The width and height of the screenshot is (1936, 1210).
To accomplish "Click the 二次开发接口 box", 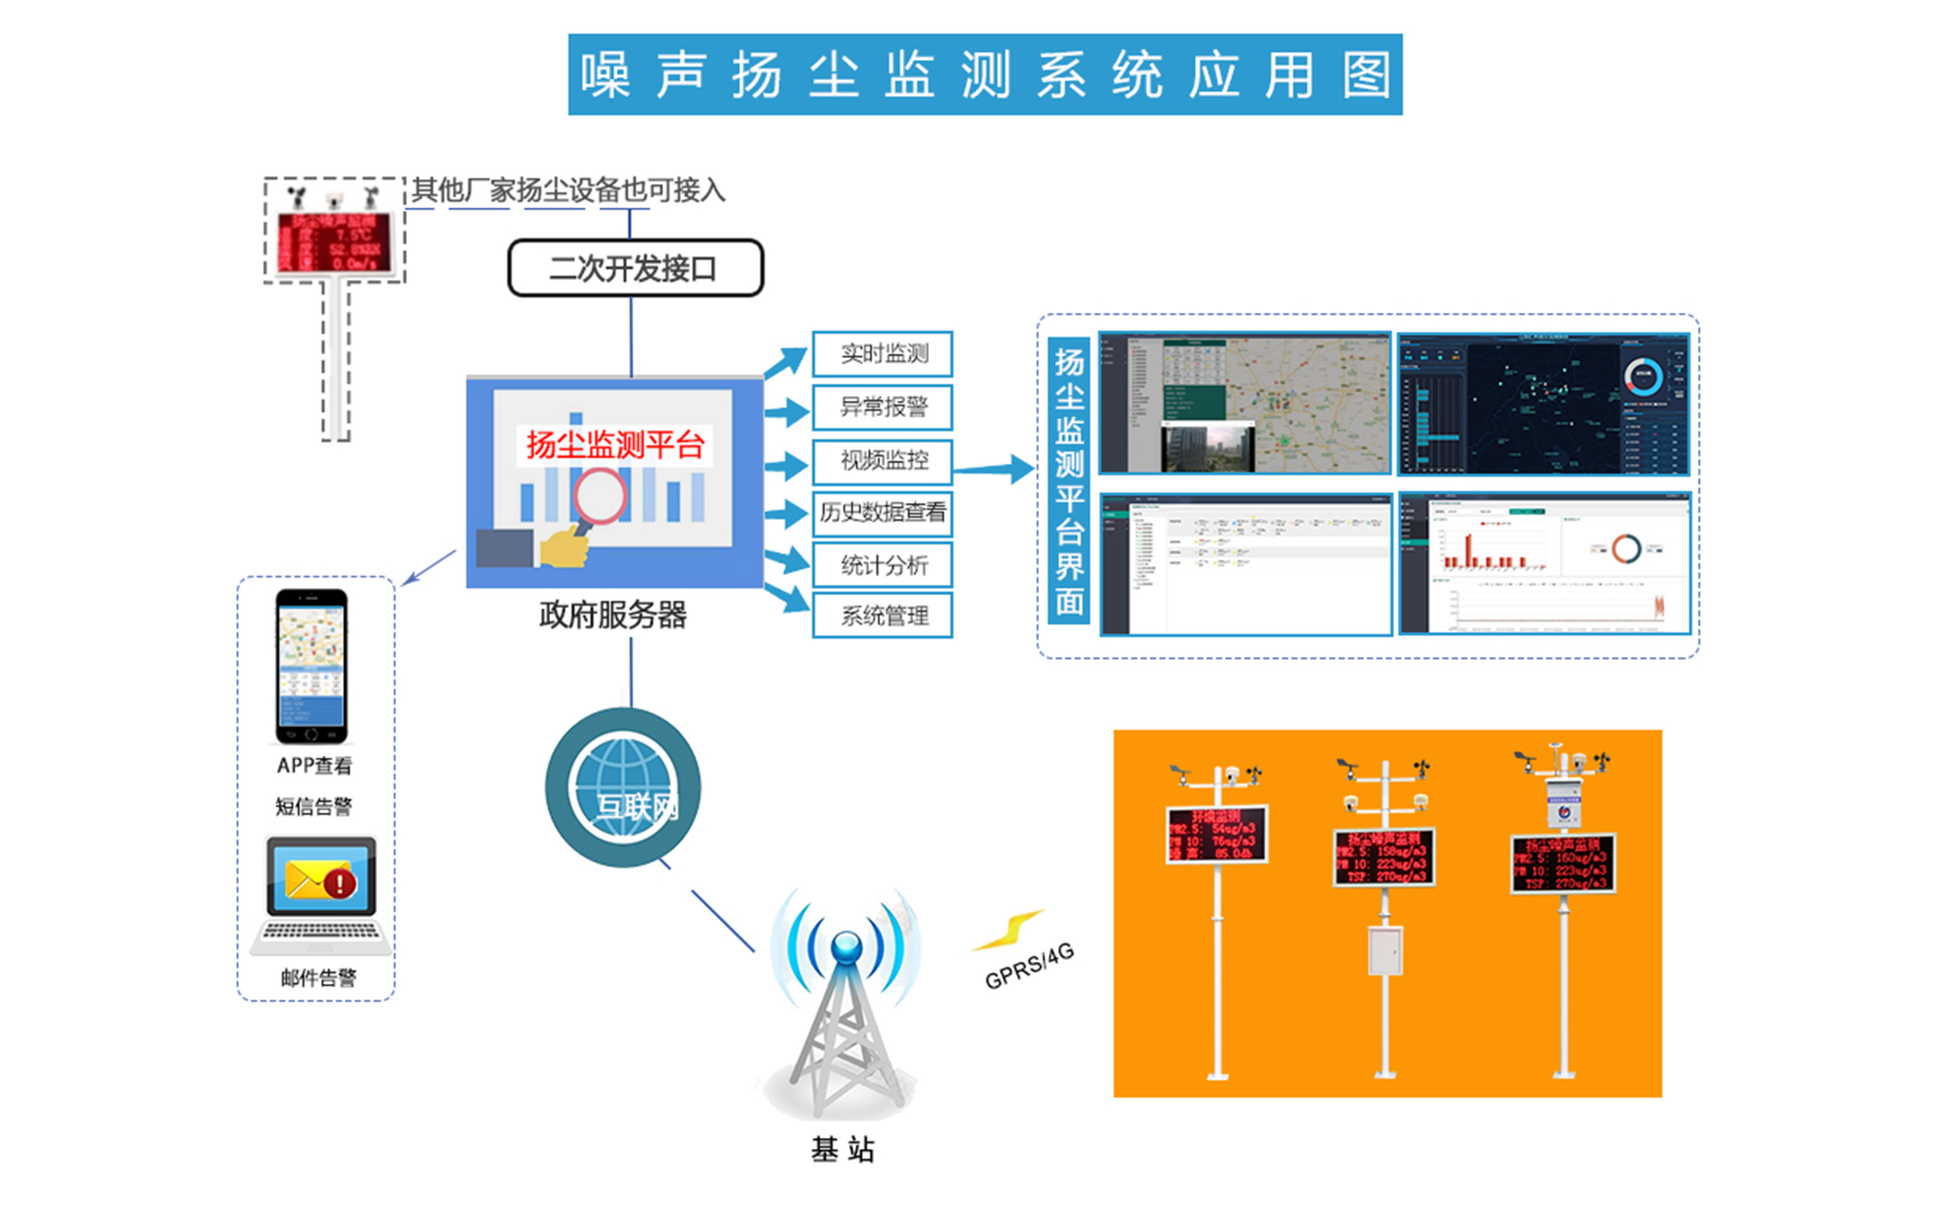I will tap(635, 268).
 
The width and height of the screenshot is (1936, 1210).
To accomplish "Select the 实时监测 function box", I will tap(882, 353).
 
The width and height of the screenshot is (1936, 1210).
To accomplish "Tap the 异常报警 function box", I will tap(882, 407).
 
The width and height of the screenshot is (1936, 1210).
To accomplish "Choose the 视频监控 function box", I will tap(882, 461).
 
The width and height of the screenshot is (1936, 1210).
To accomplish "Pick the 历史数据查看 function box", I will tap(882, 512).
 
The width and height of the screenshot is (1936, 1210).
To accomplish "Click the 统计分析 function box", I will tap(882, 566).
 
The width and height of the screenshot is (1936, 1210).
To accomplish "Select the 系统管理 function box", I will tap(882, 615).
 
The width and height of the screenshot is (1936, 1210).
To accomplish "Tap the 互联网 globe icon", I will tap(623, 787).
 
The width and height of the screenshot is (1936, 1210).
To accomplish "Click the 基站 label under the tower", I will tap(843, 1149).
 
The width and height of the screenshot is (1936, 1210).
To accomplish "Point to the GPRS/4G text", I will tap(1029, 966).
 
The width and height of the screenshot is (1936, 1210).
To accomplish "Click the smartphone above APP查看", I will tap(311, 666).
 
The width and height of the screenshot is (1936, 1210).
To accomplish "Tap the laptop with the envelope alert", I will tap(321, 895).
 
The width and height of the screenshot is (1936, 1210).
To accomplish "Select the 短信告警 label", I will tap(314, 807).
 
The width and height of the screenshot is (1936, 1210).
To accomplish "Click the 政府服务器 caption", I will tap(613, 615).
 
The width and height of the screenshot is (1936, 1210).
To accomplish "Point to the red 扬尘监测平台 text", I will tap(615, 445).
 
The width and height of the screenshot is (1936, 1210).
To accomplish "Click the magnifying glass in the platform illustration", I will tap(599, 498).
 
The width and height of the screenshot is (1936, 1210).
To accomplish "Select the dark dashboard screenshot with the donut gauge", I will tap(1543, 405).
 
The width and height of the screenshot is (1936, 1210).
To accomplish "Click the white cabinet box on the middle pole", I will tap(1385, 951).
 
